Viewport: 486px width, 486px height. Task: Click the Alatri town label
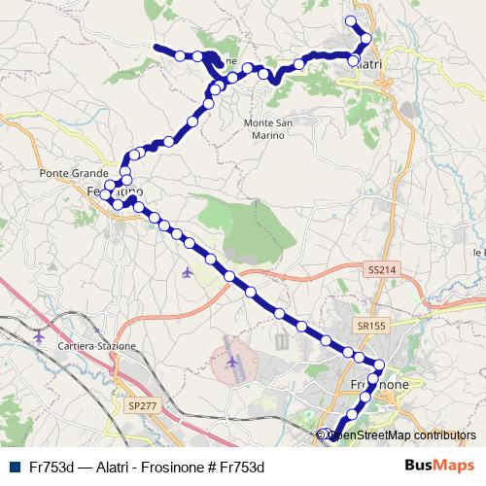369,63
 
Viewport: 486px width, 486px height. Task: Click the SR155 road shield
369,325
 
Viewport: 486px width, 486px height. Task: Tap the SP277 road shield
141,404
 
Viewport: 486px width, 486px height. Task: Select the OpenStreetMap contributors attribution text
400,435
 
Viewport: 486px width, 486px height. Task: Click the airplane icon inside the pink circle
232,363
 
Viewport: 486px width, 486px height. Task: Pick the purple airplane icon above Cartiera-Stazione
38,336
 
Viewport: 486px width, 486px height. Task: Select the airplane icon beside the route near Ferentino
187,272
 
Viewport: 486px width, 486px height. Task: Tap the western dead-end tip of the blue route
156,46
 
